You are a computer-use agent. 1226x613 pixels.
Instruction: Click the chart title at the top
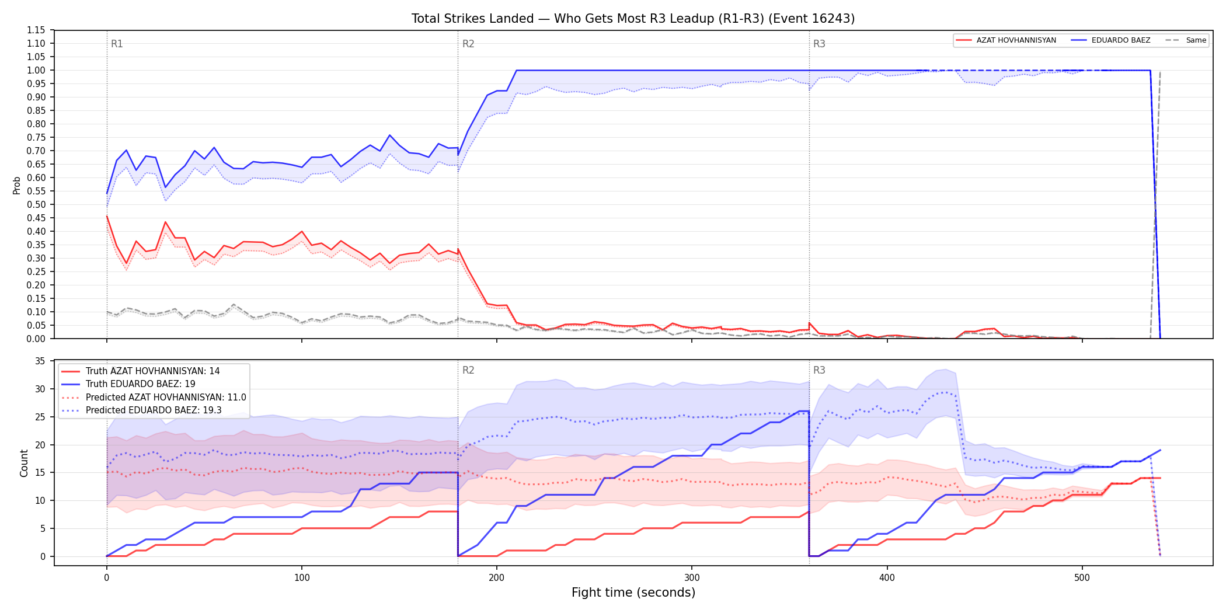[x=633, y=19]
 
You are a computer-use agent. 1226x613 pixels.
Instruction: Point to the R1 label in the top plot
[x=117, y=44]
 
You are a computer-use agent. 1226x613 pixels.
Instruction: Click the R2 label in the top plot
[x=468, y=44]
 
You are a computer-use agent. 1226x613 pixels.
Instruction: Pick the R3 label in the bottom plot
[x=819, y=370]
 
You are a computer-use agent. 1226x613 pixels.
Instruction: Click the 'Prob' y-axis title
[x=17, y=185]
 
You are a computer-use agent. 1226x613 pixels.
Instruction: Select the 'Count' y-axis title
[x=24, y=463]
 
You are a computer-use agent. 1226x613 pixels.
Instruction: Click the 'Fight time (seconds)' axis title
[x=633, y=593]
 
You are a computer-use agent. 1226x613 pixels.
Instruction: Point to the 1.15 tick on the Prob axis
[x=36, y=30]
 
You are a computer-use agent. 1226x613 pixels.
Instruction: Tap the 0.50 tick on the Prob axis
[x=36, y=204]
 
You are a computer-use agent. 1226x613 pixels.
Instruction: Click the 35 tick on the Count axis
[x=40, y=361]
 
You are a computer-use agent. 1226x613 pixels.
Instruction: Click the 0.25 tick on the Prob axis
[x=36, y=271]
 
